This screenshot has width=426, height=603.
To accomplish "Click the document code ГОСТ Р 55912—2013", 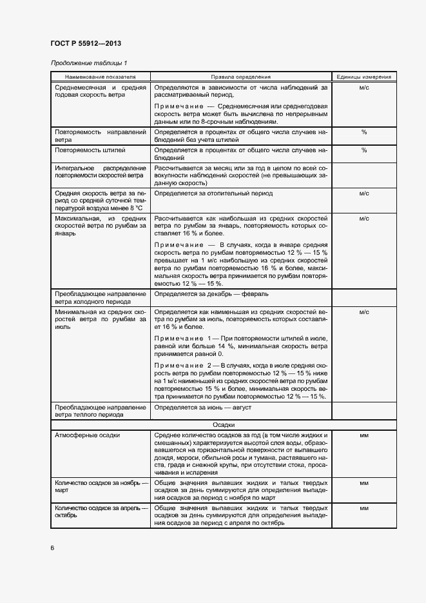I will click(x=86, y=43).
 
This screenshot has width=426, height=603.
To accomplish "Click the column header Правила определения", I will click(x=240, y=76).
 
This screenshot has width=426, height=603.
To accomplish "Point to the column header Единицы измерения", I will click(x=363, y=76).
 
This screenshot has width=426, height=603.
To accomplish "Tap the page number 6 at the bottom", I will click(x=52, y=548).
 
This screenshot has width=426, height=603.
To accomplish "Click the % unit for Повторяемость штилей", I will click(x=363, y=150).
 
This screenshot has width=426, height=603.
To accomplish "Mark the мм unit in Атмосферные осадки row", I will click(x=363, y=436).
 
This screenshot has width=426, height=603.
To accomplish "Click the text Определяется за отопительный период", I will click(x=213, y=193).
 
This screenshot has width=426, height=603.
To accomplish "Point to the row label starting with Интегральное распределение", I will click(x=100, y=171).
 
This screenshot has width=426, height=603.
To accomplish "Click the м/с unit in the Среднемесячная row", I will click(x=363, y=86).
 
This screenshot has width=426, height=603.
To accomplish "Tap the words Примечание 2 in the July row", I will click(x=184, y=364).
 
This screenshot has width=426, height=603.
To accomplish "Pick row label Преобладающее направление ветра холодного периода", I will click(x=100, y=297).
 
